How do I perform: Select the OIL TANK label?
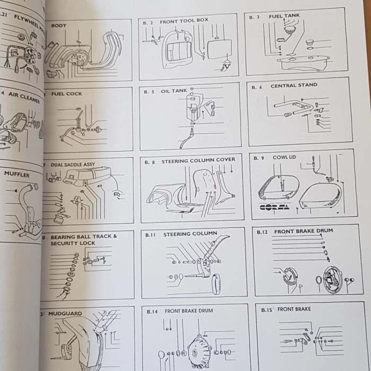174,91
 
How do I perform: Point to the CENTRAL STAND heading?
294,85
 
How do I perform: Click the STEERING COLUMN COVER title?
198,160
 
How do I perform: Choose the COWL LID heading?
284,157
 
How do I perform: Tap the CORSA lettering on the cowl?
275,207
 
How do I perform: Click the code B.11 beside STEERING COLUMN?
150,234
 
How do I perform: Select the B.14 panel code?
151,311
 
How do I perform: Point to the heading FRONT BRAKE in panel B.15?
294,309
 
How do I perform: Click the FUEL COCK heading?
67,94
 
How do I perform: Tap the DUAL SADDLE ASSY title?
73,165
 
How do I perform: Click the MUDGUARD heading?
66,314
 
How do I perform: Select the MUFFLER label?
17,174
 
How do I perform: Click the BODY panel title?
59,25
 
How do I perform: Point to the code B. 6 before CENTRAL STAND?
258,87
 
